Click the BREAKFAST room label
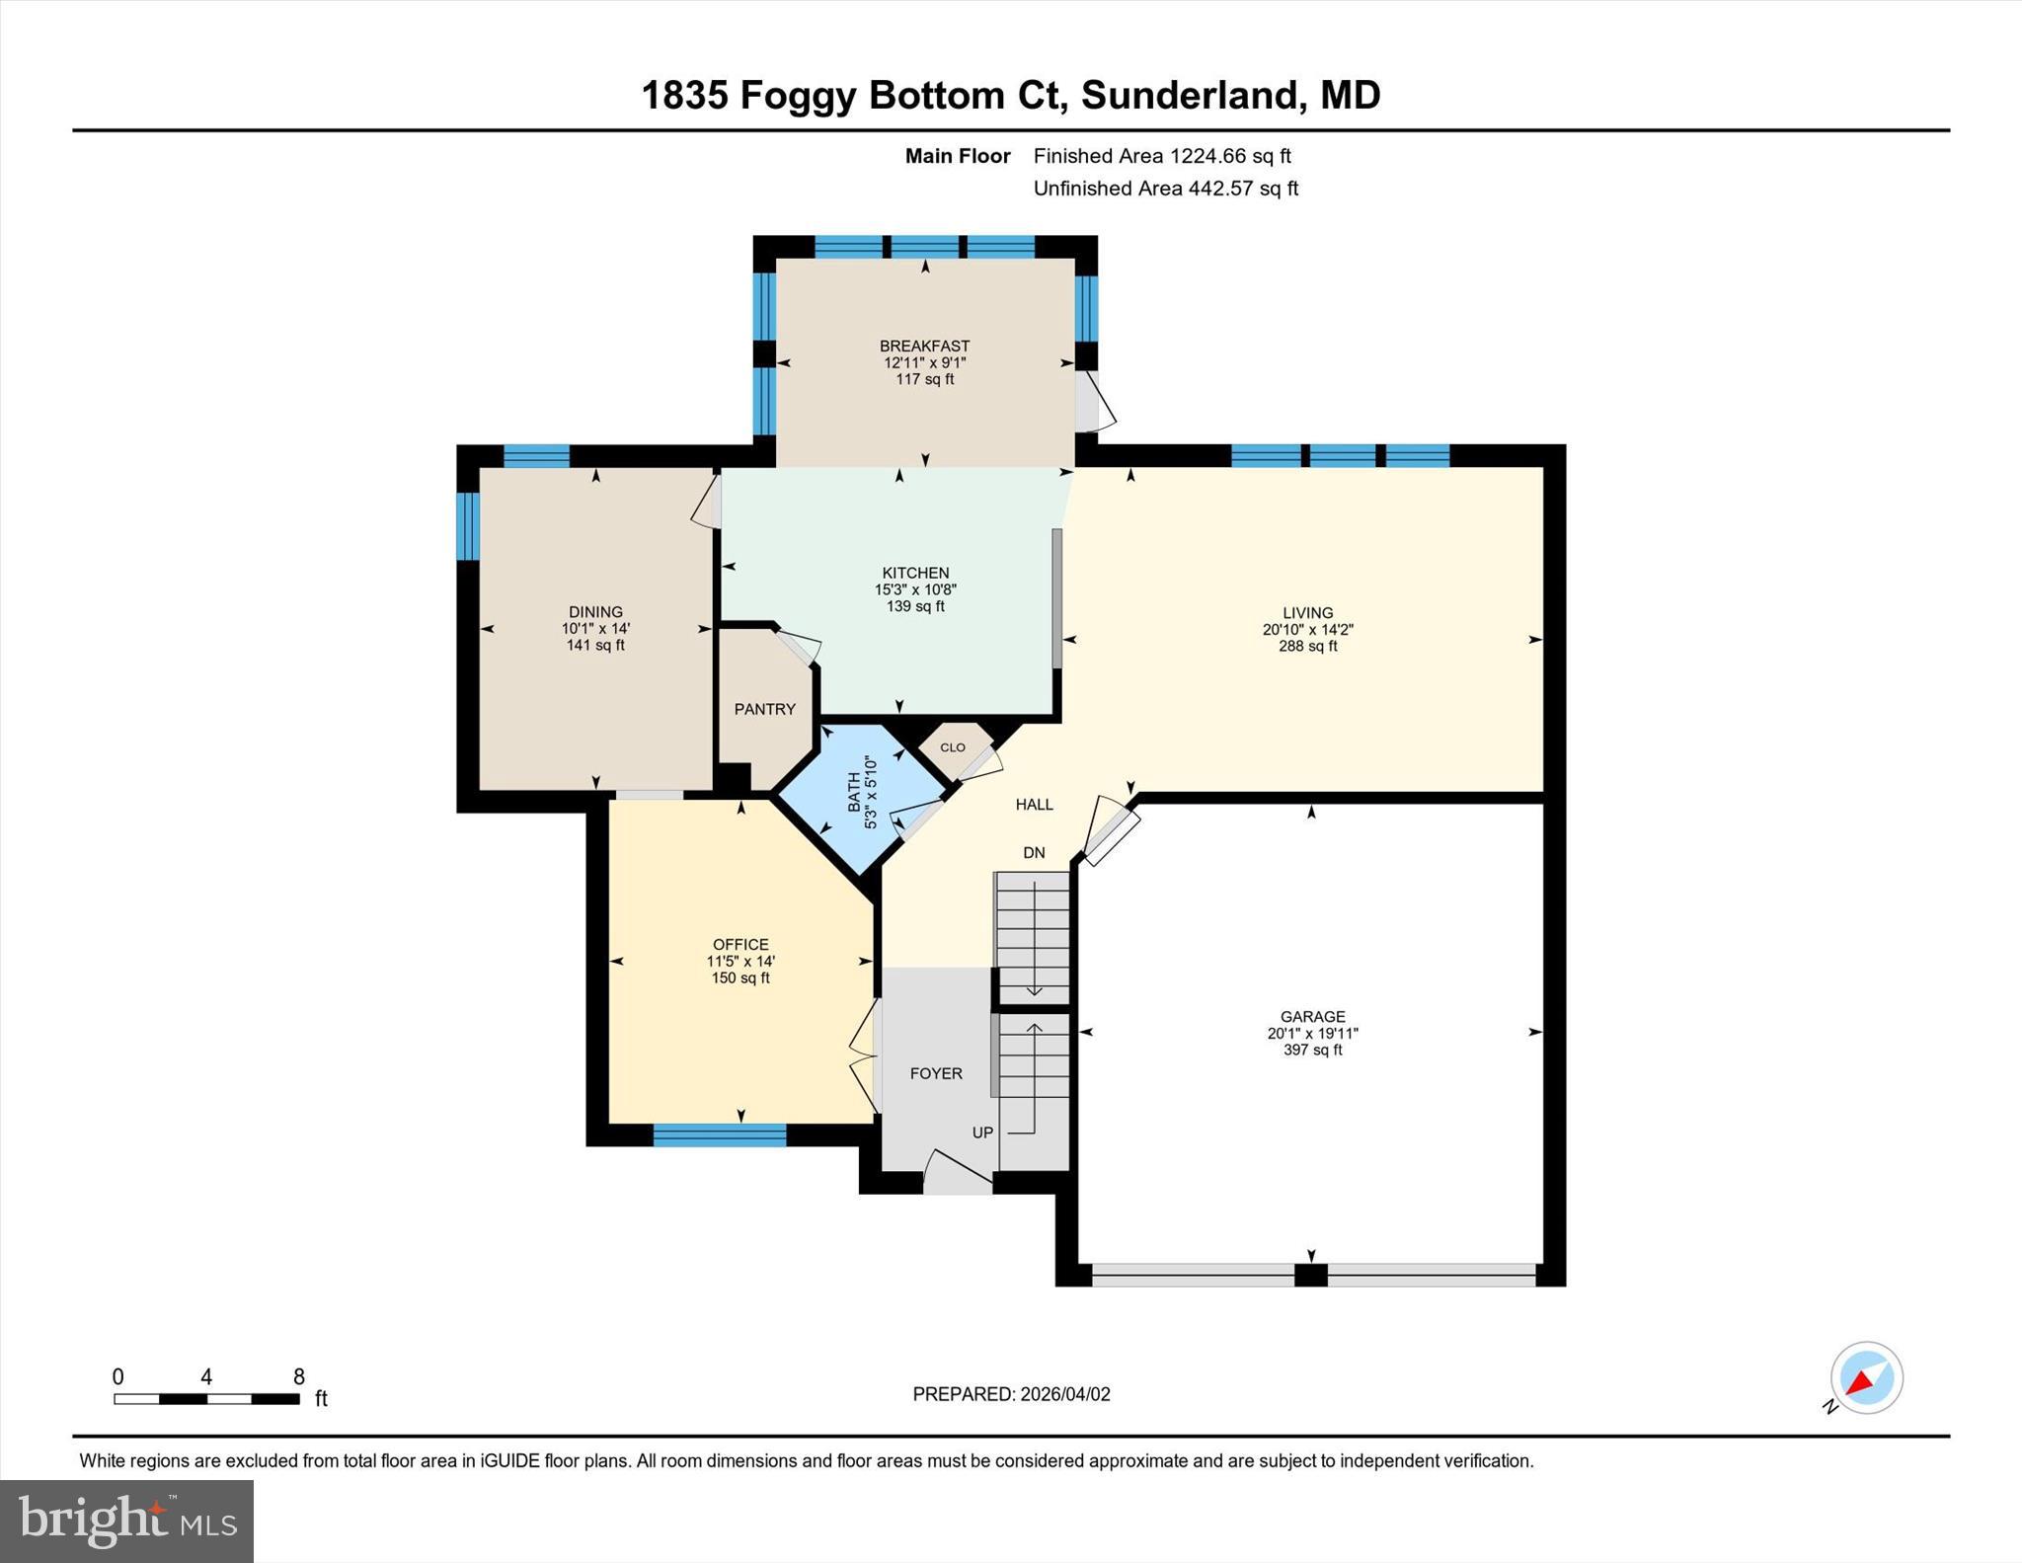pyautogui.click(x=924, y=346)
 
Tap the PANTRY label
pyautogui.click(x=764, y=709)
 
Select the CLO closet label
pyautogui.click(x=953, y=747)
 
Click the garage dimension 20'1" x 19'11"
pyautogui.click(x=1312, y=1033)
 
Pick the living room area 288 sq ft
pyautogui.click(x=1307, y=646)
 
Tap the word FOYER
pyautogui.click(x=935, y=1073)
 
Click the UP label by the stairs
pyautogui.click(x=982, y=1133)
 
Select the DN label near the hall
pyautogui.click(x=1033, y=853)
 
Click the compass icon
pyautogui.click(x=1865, y=1377)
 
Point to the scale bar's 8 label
pyautogui.click(x=299, y=1376)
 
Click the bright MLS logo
pyautogui.click(x=126, y=1521)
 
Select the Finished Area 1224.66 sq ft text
pyautogui.click(x=1161, y=156)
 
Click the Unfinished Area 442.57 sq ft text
pyautogui.click(x=1165, y=189)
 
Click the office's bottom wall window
pyautogui.click(x=719, y=1135)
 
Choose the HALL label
pyautogui.click(x=1034, y=805)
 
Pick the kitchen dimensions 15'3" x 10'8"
pyautogui.click(x=915, y=589)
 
